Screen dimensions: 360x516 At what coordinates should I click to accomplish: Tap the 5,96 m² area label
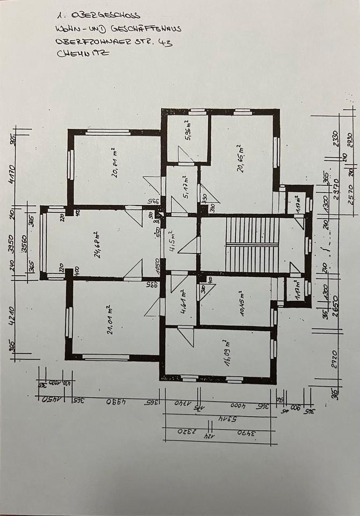click(187, 132)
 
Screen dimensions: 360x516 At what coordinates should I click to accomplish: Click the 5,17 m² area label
click(184, 187)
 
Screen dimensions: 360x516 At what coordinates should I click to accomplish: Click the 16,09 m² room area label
click(226, 352)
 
